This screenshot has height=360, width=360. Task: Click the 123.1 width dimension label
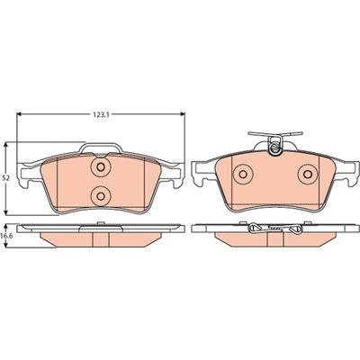coord(100,114)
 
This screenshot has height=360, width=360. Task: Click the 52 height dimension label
coord(5,178)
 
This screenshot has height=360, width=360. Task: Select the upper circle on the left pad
coord(101,167)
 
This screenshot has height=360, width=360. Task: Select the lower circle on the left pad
coord(101,196)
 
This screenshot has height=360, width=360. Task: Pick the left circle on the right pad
coord(243,174)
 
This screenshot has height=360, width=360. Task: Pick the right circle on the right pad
coord(308,174)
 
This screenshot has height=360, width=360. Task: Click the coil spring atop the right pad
coord(275,146)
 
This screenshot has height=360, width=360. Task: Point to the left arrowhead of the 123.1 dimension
coord(20,114)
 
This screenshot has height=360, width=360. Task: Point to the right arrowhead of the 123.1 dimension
coord(182,114)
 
